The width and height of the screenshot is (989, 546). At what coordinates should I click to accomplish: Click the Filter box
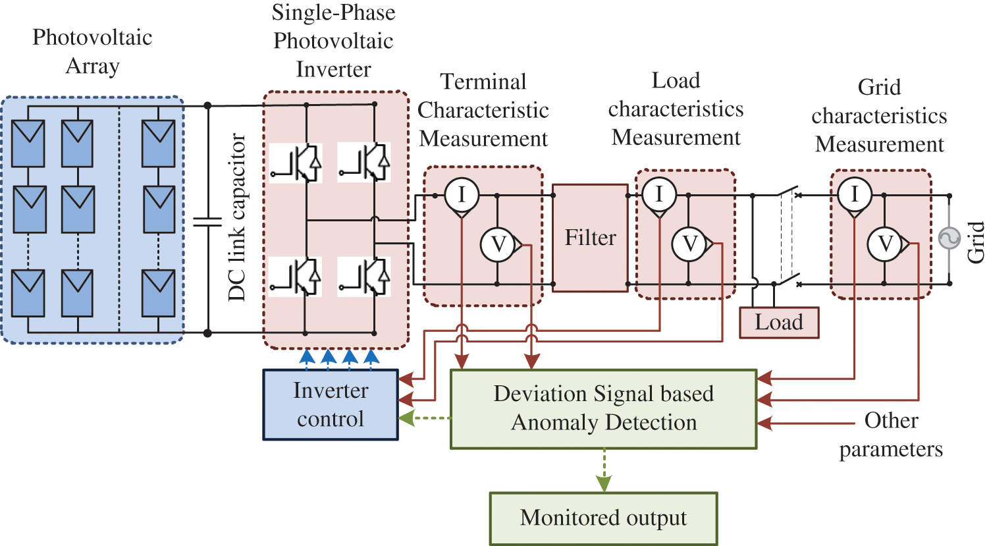coord(590,238)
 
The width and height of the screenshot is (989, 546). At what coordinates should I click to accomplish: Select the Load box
coord(779,323)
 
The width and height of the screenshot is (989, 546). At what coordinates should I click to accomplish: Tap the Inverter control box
coord(331,404)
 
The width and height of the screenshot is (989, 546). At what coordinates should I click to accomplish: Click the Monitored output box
coord(603,518)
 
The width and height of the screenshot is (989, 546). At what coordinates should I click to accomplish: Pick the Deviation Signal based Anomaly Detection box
coord(603,408)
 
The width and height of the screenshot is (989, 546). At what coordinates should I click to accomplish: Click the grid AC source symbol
coord(949,238)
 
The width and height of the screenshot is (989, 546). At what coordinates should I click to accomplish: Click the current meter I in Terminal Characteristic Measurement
coord(461,194)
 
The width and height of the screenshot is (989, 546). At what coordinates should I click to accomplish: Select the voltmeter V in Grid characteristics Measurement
coord(885,244)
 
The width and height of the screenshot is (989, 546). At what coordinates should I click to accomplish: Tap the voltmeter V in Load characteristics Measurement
coord(689,244)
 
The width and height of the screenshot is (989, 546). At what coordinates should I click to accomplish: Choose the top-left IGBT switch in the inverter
coord(296,163)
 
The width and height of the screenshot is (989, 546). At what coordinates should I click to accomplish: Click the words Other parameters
coord(891,435)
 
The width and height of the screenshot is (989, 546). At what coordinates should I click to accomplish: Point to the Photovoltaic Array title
coord(92,51)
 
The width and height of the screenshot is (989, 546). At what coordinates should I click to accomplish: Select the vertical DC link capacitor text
coord(236,217)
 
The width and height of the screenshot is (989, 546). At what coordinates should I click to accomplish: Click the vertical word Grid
coord(975,242)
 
